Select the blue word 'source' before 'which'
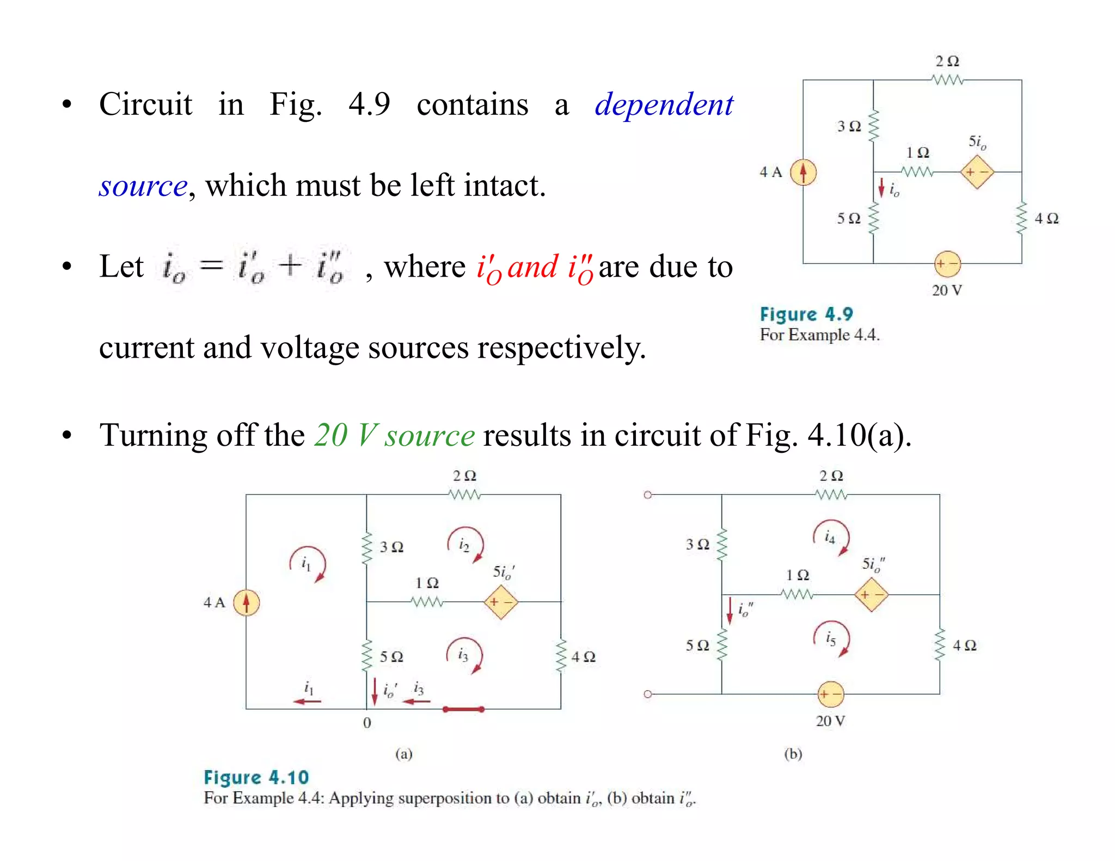[x=143, y=186]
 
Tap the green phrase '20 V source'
[x=394, y=435]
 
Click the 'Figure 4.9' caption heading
[x=806, y=314]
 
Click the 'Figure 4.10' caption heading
[x=256, y=777]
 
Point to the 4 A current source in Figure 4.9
[x=803, y=172]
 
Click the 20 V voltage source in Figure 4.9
[x=947, y=264]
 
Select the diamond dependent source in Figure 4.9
[x=977, y=172]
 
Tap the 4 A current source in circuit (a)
[x=246, y=602]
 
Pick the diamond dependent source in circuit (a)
[x=500, y=602]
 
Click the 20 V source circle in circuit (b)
[x=831, y=694]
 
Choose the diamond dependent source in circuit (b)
[x=871, y=595]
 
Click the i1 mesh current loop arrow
[x=308, y=564]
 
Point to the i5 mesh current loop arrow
[x=831, y=638]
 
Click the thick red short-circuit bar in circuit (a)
[x=463, y=709]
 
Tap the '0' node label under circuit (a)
[x=367, y=723]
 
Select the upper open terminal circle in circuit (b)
[x=648, y=495]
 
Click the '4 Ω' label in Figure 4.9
[x=1046, y=219]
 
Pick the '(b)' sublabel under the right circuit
[x=793, y=754]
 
